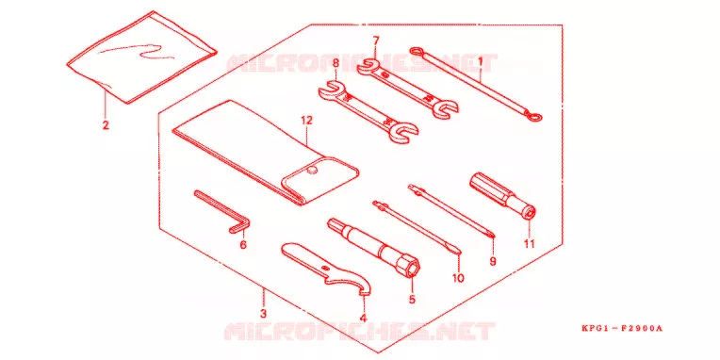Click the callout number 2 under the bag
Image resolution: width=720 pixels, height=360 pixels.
point(106,124)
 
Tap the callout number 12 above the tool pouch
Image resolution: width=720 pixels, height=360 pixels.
point(306,121)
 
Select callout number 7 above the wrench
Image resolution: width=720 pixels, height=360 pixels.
point(376,41)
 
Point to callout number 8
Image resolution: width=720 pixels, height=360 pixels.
point(335,63)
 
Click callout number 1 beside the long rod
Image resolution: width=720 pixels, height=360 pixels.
point(481,60)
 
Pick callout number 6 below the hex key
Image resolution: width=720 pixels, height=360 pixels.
point(243,245)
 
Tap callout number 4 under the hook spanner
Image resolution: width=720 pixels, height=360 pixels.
point(363,318)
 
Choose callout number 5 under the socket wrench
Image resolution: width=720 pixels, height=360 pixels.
point(412,299)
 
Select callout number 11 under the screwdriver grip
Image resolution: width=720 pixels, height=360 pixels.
point(530,244)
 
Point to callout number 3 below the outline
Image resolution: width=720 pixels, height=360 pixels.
point(263,315)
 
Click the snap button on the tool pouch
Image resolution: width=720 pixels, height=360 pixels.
point(312,172)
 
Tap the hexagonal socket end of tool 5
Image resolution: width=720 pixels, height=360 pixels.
point(412,268)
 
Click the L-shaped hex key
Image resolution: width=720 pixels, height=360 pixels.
point(222,213)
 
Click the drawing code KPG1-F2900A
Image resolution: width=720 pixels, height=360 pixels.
point(622,328)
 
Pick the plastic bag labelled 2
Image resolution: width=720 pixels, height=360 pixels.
point(141,57)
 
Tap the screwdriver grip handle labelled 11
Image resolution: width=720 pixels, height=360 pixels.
point(501,195)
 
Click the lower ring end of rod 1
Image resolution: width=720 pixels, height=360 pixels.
point(534,119)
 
